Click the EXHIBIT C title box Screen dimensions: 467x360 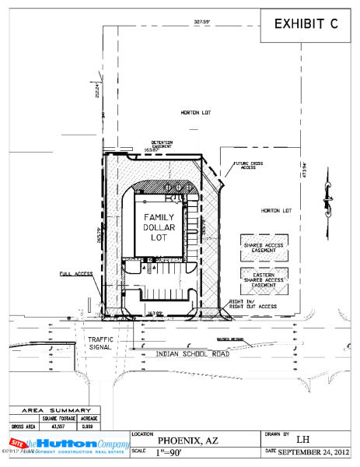point(306,24)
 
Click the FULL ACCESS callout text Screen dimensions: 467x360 point(75,274)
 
